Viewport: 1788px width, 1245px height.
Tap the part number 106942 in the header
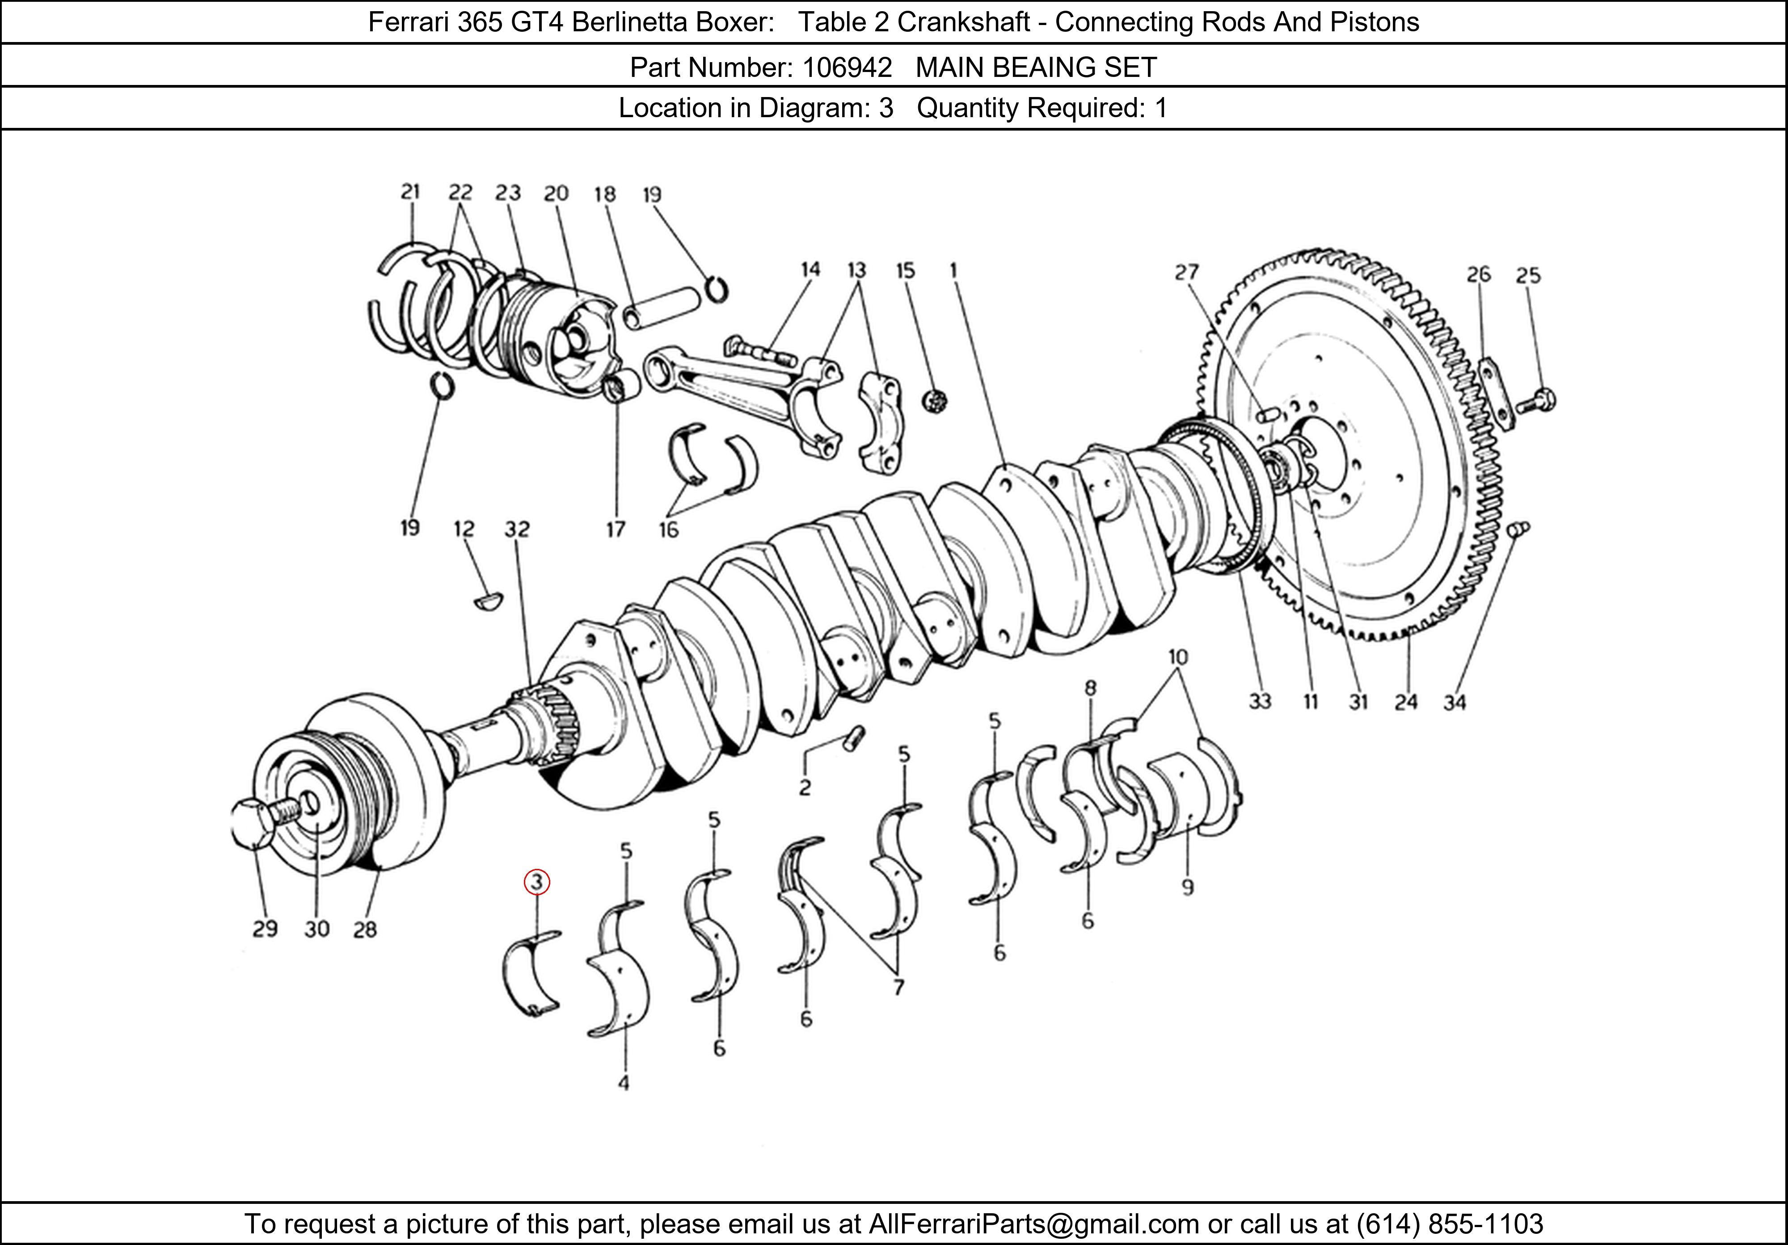pos(847,68)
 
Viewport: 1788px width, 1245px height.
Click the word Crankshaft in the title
pos(963,22)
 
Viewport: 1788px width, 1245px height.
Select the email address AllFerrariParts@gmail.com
pos(1033,1224)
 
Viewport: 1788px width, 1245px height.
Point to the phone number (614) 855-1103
pos(1449,1224)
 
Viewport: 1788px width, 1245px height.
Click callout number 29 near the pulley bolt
pos(265,929)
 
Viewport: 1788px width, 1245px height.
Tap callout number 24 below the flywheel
pos(1406,702)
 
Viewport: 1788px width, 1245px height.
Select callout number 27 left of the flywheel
pos(1187,272)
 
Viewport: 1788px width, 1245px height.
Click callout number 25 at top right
pos(1528,275)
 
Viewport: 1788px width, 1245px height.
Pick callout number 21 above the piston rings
pos(410,192)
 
